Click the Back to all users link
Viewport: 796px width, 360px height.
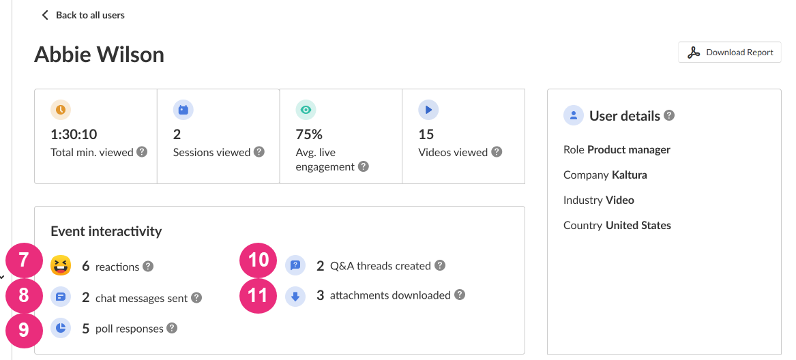tap(83, 15)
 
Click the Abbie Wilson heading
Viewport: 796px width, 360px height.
tap(100, 55)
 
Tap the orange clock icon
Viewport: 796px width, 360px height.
tap(61, 109)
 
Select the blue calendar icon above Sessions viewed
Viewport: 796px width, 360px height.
tap(183, 109)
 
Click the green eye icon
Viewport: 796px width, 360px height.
tap(306, 109)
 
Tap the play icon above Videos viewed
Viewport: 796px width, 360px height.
tap(428, 109)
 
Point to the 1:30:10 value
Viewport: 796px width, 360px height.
tap(74, 134)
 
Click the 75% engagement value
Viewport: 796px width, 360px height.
tap(309, 134)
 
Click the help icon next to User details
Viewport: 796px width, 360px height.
tap(669, 115)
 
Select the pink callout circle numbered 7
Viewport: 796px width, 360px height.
tap(24, 260)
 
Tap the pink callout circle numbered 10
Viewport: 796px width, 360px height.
tap(258, 260)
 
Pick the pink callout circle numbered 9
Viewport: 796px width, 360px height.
tap(24, 331)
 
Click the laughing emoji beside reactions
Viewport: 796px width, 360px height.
tap(61, 266)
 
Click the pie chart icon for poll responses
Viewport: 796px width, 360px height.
tap(61, 329)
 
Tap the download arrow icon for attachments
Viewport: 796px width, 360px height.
tap(295, 297)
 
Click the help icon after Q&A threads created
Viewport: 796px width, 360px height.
tap(440, 265)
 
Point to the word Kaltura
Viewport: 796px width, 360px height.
tap(629, 175)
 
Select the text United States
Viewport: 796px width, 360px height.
tap(638, 225)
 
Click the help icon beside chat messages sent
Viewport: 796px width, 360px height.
tap(196, 297)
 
